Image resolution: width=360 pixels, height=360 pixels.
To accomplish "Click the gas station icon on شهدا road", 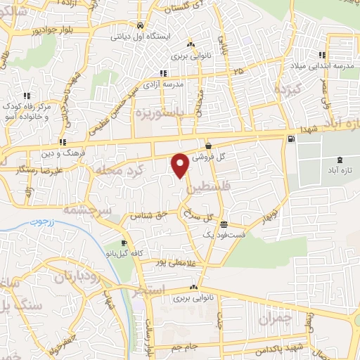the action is pos(290,139).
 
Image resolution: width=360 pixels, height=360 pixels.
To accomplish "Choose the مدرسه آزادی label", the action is pos(184,84).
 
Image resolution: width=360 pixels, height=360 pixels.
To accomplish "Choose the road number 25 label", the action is pos(238,72).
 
